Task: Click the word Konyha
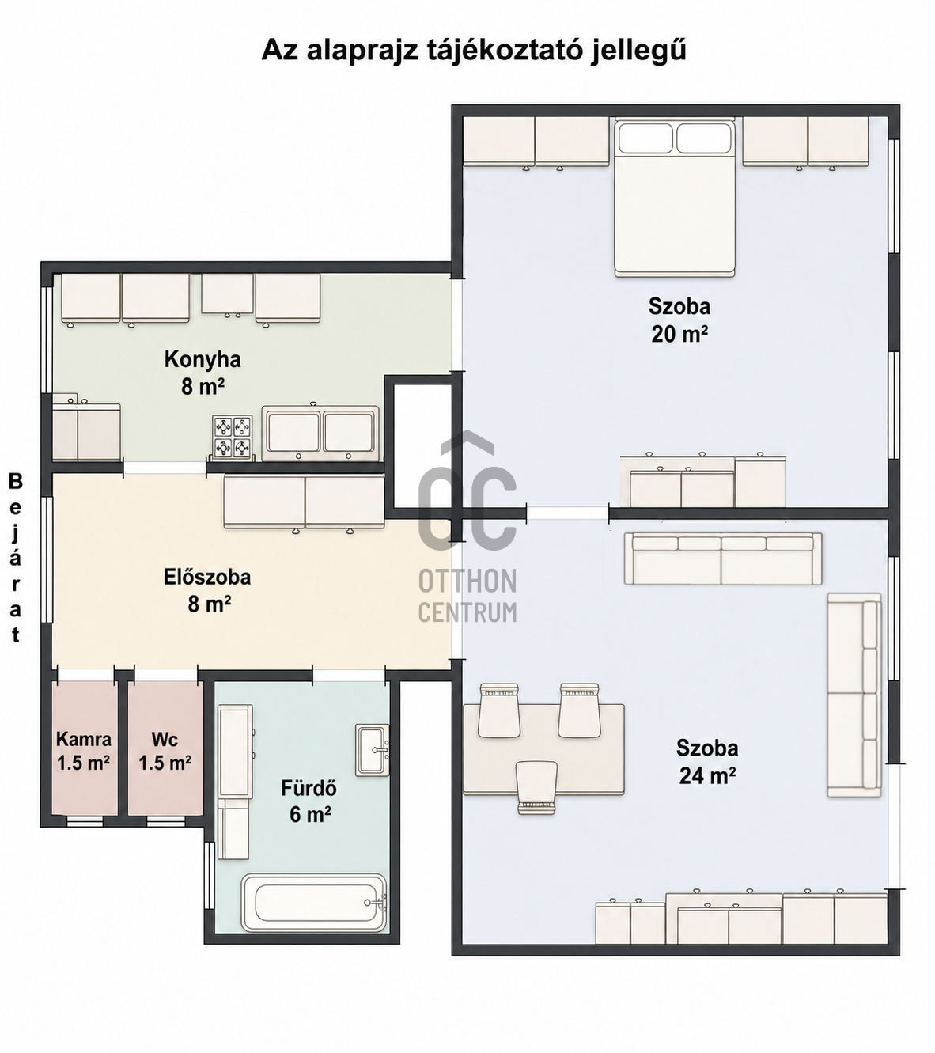point(203,360)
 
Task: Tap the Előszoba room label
point(207,577)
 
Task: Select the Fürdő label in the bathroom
point(309,788)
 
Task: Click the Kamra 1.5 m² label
point(83,751)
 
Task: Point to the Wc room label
point(165,739)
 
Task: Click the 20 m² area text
point(679,334)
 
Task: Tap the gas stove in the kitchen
point(233,437)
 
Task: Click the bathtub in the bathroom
point(314,902)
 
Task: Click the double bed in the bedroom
point(675,198)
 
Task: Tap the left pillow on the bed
point(645,138)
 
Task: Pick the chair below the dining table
point(536,787)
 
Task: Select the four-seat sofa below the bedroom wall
point(722,559)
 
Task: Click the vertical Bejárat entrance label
point(16,558)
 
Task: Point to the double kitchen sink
point(320,433)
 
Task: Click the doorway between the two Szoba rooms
point(567,513)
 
